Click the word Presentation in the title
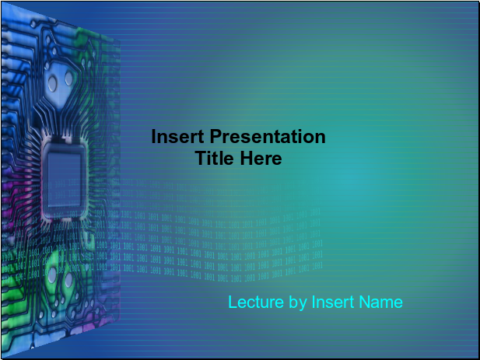click(x=268, y=136)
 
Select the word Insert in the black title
click(x=177, y=136)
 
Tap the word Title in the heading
click(x=215, y=158)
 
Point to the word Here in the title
click(x=261, y=158)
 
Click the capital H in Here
click(x=247, y=158)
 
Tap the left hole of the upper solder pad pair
click(x=52, y=83)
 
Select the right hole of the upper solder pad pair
click(x=69, y=79)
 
